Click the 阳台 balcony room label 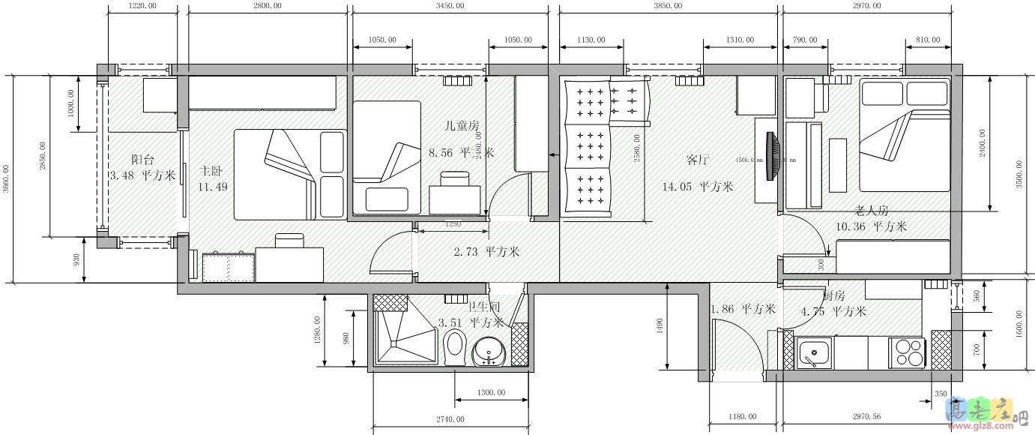[142, 160]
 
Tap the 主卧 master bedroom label [210, 171]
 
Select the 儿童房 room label [462, 126]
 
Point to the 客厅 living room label [697, 160]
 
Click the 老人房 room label [872, 211]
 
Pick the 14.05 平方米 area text [697, 187]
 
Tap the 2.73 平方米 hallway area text [486, 252]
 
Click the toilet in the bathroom [455, 346]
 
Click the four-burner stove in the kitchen [907, 352]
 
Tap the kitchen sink [813, 352]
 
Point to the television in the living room [772, 155]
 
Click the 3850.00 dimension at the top [668, 6]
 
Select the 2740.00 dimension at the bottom [449, 418]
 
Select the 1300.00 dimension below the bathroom [491, 393]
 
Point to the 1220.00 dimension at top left [142, 6]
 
